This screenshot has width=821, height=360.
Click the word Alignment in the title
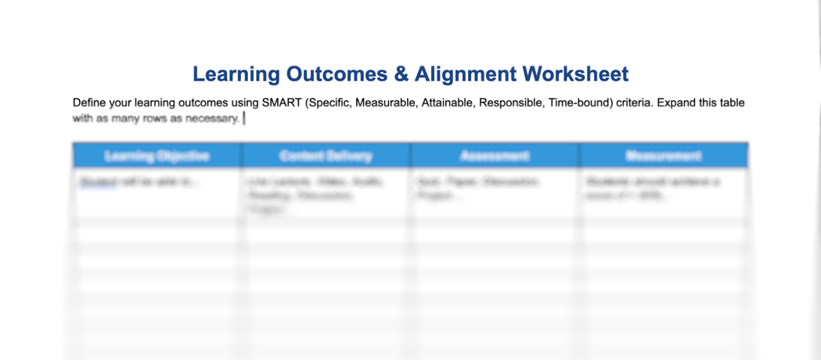click(x=466, y=74)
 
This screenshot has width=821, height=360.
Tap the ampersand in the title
click(x=401, y=74)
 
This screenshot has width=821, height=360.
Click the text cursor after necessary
click(x=243, y=118)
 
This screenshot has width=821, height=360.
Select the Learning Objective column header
click(x=157, y=156)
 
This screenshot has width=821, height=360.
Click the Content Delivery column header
click(x=326, y=156)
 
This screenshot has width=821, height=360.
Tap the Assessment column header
click(x=495, y=156)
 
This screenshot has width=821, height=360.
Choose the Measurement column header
click(x=664, y=156)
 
